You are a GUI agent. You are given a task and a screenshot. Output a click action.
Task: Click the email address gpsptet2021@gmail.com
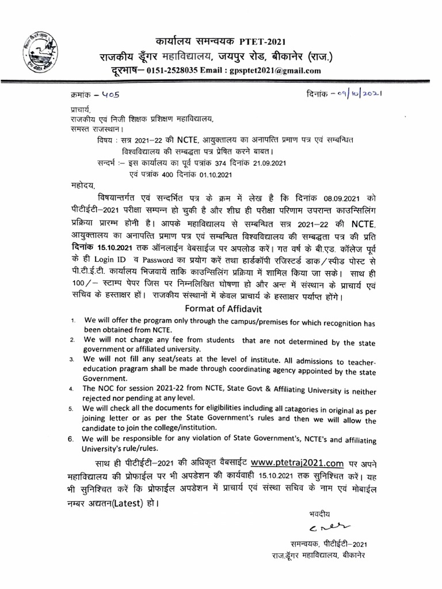(x=270, y=71)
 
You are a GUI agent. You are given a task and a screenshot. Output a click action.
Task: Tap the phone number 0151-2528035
(x=171, y=71)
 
